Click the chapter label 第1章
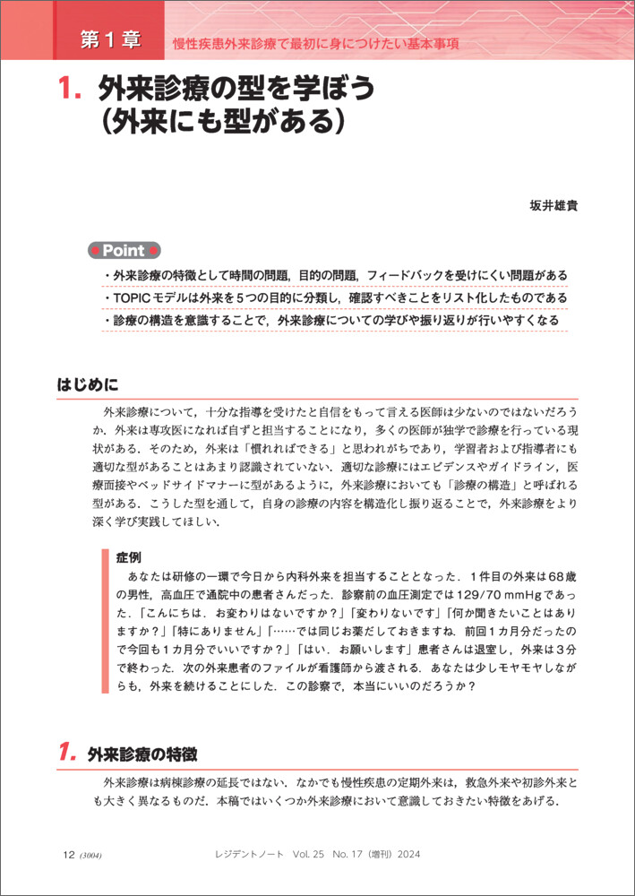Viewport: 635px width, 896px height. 109,39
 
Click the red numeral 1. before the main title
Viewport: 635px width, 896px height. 70,89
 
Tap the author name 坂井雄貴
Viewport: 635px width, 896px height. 553,205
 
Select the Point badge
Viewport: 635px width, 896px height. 124,251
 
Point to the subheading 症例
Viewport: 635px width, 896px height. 129,556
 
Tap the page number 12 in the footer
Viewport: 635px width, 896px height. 68,855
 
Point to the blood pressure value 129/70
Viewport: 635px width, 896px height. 450,595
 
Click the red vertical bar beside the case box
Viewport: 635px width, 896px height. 106,619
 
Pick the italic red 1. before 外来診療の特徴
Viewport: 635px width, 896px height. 70,754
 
